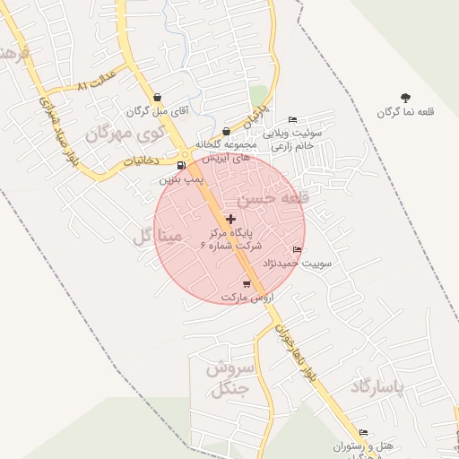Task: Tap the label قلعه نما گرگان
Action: pos(405,112)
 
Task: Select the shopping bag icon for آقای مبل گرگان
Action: pos(158,98)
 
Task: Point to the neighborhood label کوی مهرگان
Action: pos(127,134)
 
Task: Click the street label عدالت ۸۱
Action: pos(97,79)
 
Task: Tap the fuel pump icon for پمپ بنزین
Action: pos(183,165)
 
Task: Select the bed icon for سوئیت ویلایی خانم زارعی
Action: pos(292,120)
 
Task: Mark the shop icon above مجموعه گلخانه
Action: pos(226,131)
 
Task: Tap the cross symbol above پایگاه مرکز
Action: pos(231,219)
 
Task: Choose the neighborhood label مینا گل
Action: pos(158,236)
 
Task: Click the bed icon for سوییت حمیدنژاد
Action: pos(298,249)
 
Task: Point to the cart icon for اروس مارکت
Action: pos(247,284)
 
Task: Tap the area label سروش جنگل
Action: pos(231,378)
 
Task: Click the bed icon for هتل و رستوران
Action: pos(363,432)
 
